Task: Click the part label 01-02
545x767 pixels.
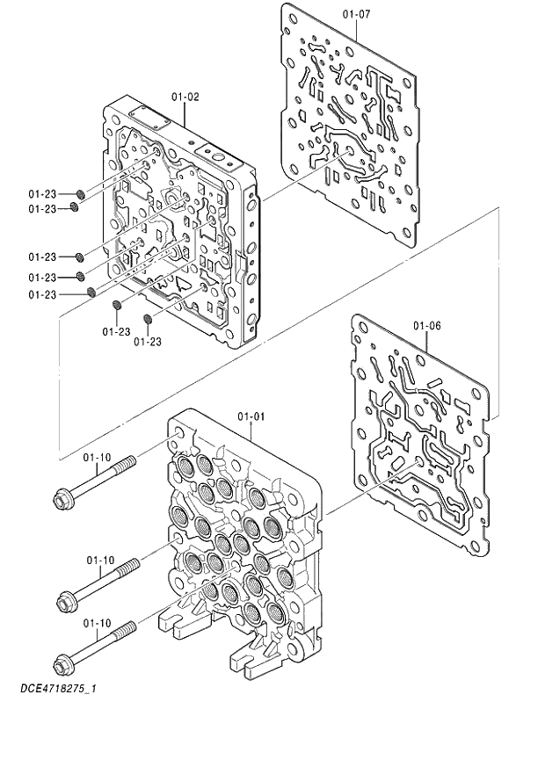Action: tap(185, 97)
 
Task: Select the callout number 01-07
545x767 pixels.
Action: tap(357, 13)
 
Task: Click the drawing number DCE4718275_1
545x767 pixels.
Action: tap(58, 690)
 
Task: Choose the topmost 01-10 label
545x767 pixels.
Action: tap(97, 457)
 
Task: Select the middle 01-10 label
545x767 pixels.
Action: tap(100, 560)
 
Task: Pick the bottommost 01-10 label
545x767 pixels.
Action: tap(97, 623)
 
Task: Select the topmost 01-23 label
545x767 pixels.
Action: tap(41, 193)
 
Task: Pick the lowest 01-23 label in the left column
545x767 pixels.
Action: tap(41, 294)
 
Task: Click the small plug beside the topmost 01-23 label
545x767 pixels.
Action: tap(80, 193)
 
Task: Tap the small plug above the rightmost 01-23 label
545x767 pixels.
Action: tap(148, 318)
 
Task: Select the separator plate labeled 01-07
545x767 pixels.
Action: tap(352, 123)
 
